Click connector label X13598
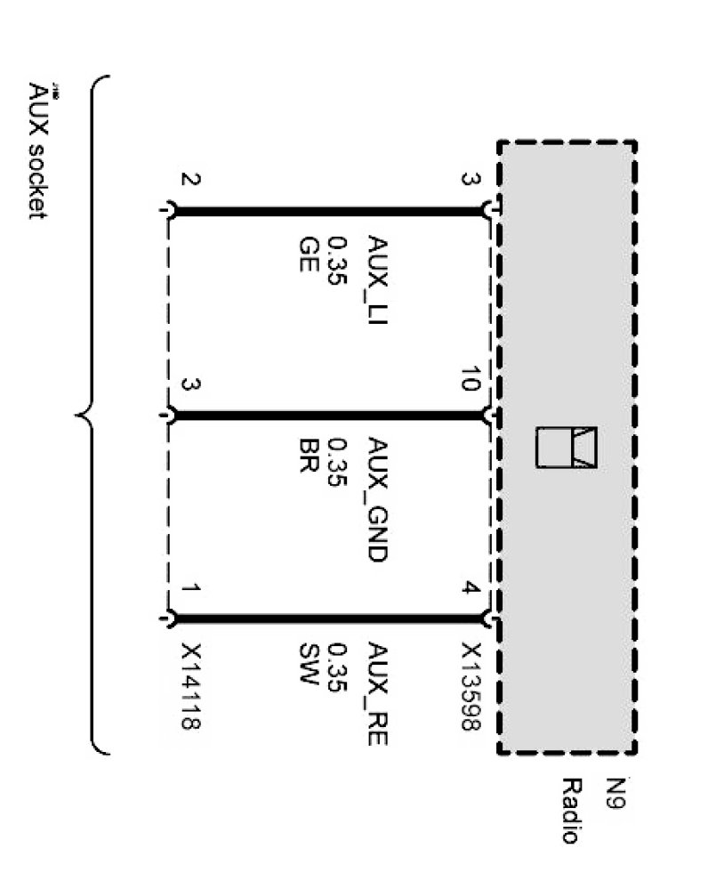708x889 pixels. point(471,686)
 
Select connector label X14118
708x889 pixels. point(190,686)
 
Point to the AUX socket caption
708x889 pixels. point(37,151)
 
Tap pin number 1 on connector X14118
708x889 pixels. point(190,588)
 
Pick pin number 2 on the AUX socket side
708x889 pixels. point(190,180)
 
